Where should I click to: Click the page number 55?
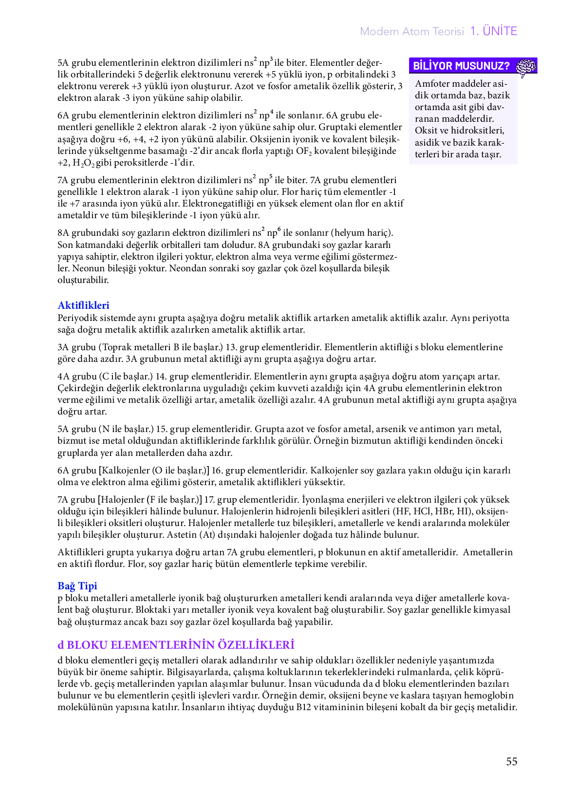click(x=511, y=761)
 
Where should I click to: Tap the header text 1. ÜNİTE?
click(x=493, y=31)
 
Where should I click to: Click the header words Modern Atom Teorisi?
click(x=411, y=32)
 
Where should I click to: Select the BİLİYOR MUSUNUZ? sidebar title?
click(x=461, y=66)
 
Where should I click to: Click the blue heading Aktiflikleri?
click(x=83, y=305)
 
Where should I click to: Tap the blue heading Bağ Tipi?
click(x=77, y=585)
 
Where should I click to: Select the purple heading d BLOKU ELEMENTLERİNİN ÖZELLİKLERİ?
click(x=176, y=645)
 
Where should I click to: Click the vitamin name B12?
click(x=305, y=707)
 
